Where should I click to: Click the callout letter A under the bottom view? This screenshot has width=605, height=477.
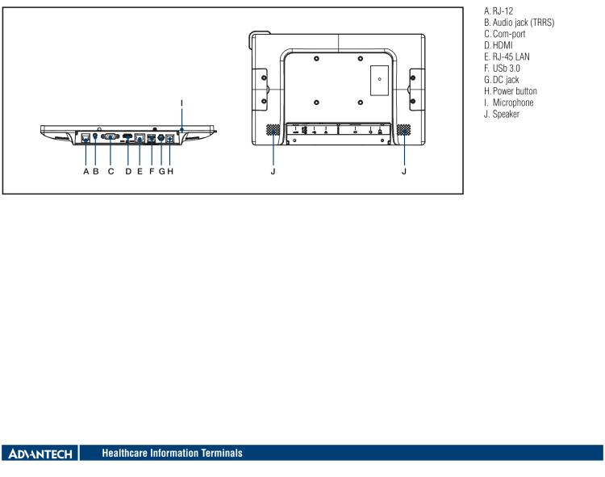click(x=86, y=171)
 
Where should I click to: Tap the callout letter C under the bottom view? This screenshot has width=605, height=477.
click(x=111, y=171)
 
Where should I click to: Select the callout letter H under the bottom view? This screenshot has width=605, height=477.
click(x=170, y=171)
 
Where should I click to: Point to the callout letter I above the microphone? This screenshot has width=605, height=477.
click(x=181, y=103)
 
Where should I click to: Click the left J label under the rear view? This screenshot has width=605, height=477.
click(x=273, y=171)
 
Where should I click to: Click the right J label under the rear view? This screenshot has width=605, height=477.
click(x=404, y=171)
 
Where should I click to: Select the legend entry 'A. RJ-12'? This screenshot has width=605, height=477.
click(x=499, y=11)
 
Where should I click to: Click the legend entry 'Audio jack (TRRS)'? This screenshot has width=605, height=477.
click(x=524, y=23)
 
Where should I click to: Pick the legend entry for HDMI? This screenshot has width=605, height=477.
click(x=499, y=45)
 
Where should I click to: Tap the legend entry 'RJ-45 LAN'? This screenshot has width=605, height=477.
click(x=511, y=57)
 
